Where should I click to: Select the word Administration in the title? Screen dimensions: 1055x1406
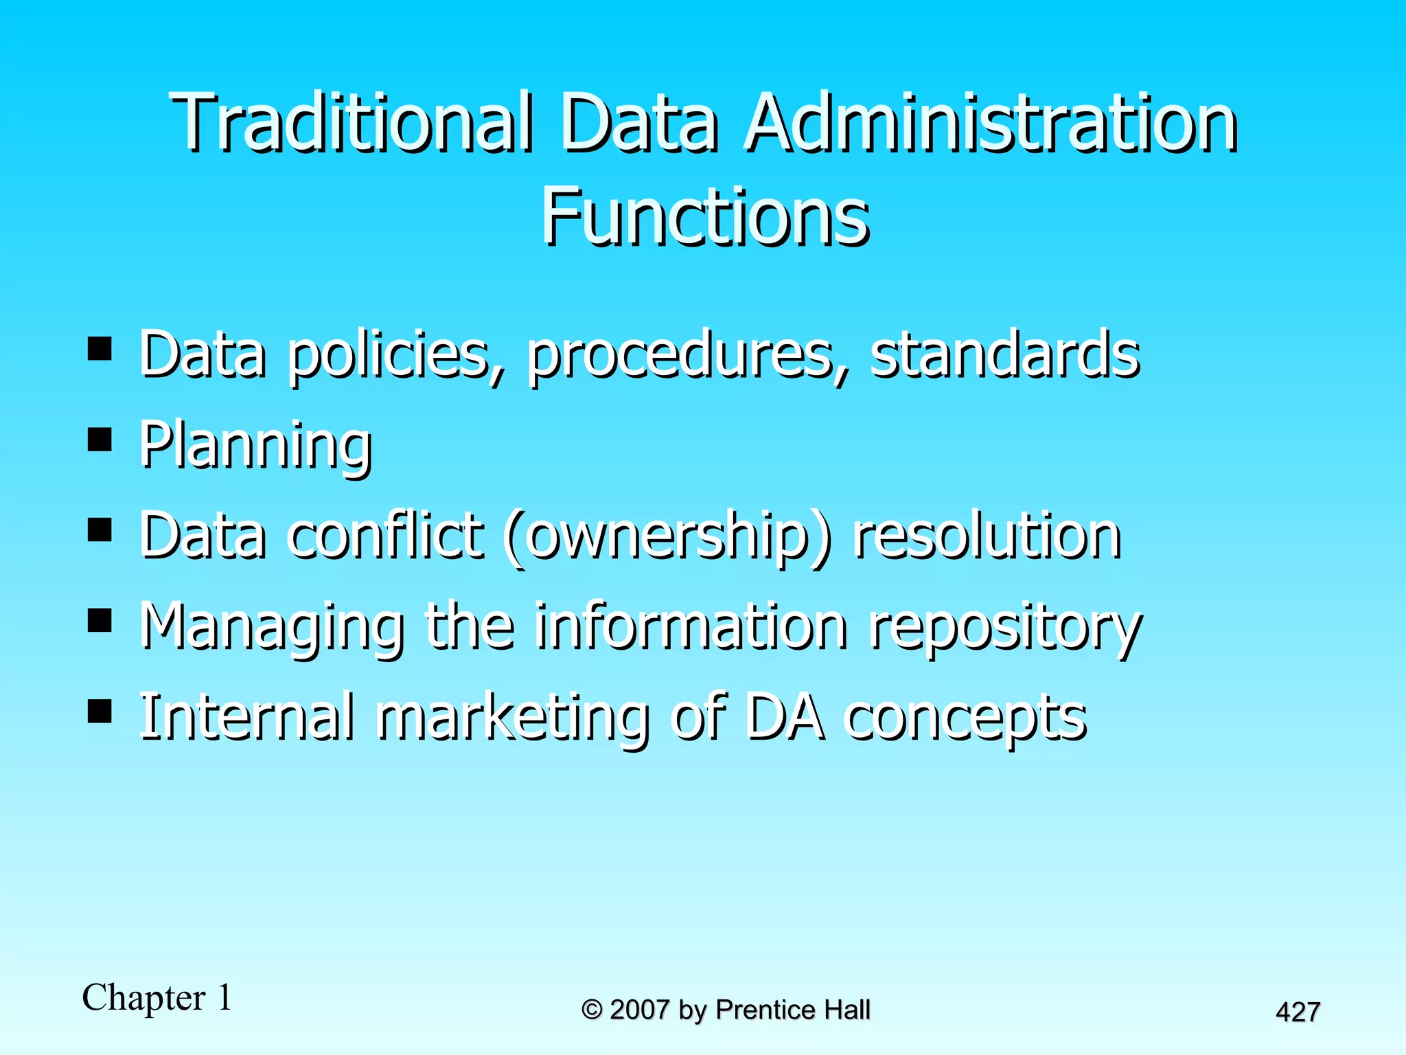991,124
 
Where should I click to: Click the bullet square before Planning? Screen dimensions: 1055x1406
100,440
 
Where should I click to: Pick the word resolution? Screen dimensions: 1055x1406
987,536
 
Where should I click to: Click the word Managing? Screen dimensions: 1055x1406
272,626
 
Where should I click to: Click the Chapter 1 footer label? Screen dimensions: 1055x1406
157,997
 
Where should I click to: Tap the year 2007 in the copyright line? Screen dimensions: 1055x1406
639,1010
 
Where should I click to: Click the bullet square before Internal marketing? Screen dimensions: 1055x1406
100,712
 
